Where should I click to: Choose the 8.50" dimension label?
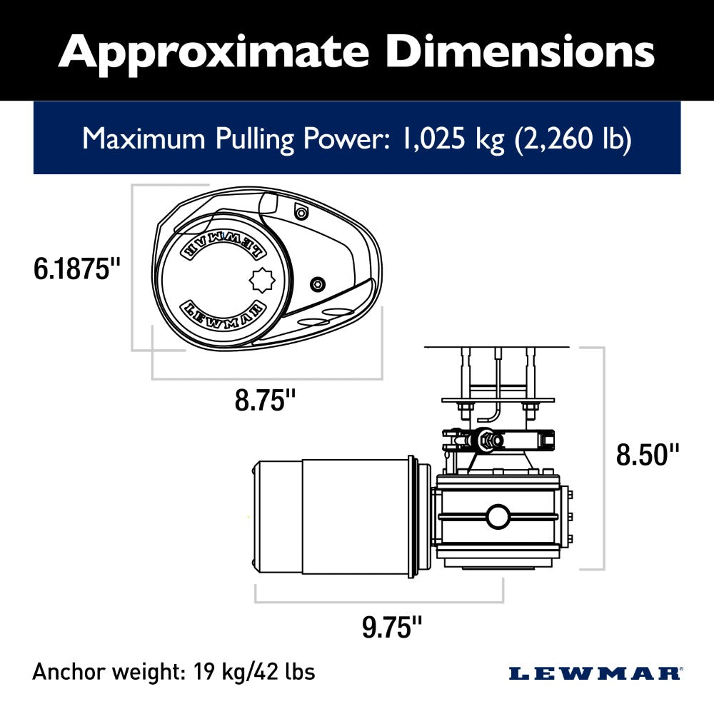click(x=648, y=455)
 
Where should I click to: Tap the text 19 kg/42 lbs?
click(x=253, y=672)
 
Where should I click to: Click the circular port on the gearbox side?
click(x=497, y=516)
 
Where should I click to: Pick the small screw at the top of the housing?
click(x=301, y=211)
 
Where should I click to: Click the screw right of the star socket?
click(x=316, y=284)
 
